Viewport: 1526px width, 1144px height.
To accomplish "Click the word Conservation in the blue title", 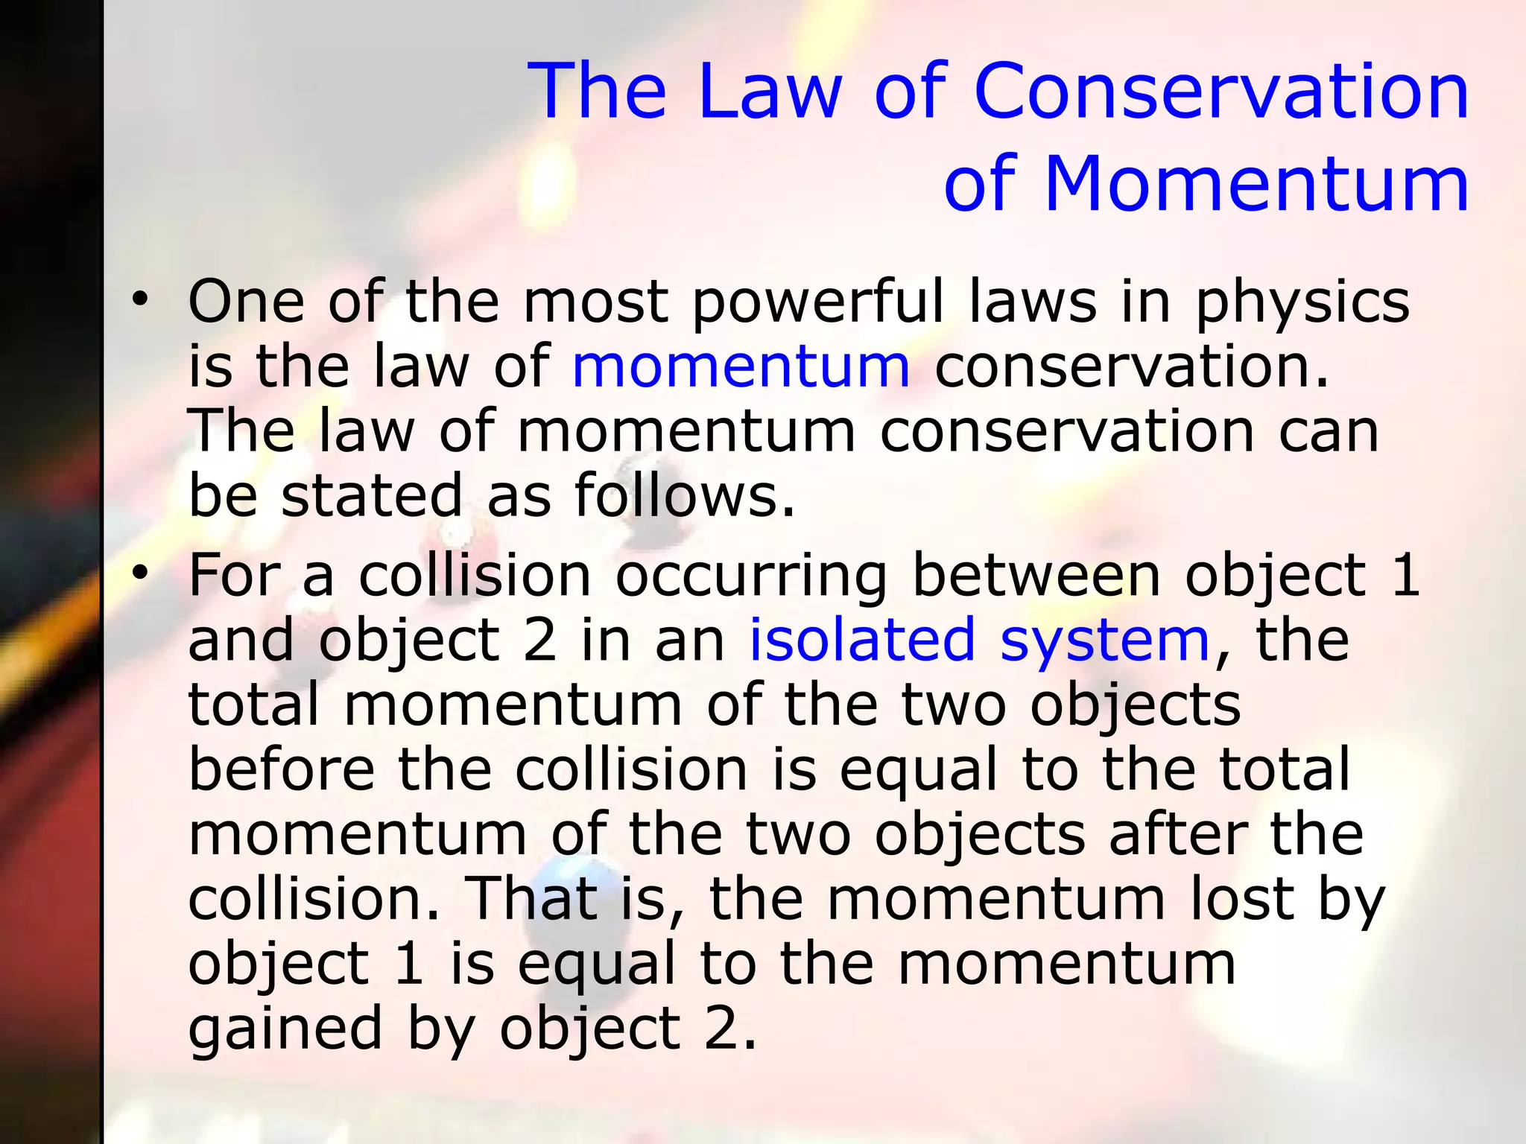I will (1222, 92).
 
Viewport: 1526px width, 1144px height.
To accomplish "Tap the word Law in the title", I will (770, 92).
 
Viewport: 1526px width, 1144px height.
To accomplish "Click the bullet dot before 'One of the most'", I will (139, 300).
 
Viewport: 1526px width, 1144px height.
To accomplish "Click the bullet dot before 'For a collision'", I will (139, 573).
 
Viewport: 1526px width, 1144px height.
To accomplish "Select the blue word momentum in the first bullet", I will (741, 366).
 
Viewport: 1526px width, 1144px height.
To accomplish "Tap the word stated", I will (372, 495).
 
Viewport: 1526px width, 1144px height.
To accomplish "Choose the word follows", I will (684, 495).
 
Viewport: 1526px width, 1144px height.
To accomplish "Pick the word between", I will (1036, 576).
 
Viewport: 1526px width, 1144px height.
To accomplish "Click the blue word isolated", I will (861, 640).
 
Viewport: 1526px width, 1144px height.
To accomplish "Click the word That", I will (531, 898).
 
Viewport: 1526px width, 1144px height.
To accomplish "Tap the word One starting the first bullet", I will (246, 301).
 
